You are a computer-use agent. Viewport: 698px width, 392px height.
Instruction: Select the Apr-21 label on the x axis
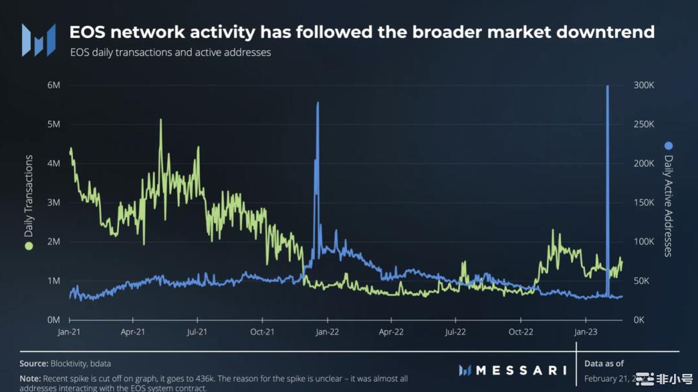coord(132,332)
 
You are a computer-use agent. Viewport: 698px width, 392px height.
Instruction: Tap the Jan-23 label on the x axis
coord(586,332)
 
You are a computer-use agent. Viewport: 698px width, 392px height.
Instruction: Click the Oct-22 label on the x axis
coord(521,332)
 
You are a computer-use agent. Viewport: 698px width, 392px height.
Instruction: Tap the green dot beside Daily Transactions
coord(28,246)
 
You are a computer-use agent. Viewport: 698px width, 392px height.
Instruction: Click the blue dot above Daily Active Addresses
coord(668,145)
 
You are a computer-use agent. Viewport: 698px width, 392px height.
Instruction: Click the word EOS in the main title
coord(87,32)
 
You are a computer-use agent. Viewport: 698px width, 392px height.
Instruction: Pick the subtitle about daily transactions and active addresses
coord(171,52)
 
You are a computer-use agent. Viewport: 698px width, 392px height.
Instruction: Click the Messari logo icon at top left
coord(39,39)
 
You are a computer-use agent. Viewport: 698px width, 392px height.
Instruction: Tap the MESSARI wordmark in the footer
coord(521,370)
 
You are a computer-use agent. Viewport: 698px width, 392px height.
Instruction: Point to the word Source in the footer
coord(34,364)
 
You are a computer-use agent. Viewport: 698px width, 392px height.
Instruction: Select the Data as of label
coord(604,364)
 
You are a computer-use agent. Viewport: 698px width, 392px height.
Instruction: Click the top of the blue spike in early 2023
coord(608,87)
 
